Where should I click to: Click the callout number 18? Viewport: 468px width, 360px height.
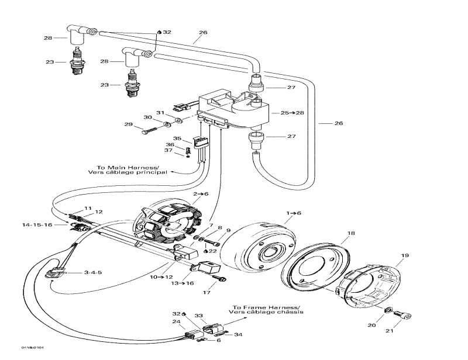[350, 234]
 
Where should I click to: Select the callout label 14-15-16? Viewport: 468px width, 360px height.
[37, 224]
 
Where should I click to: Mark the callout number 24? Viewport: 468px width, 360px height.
[176, 321]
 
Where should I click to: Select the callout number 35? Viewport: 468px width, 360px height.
[177, 139]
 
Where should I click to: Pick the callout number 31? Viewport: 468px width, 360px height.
[159, 113]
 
